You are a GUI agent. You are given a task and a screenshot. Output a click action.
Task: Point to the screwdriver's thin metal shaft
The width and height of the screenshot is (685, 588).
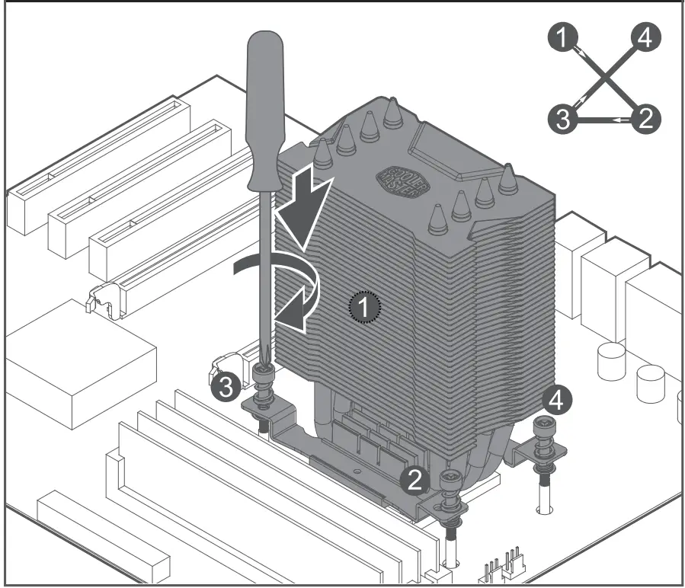pyautogui.click(x=262, y=274)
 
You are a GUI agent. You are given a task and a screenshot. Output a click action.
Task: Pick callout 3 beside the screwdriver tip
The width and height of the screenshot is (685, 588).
pyautogui.click(x=224, y=387)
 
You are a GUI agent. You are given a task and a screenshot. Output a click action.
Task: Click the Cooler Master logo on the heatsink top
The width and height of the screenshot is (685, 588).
pyautogui.click(x=401, y=181)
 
